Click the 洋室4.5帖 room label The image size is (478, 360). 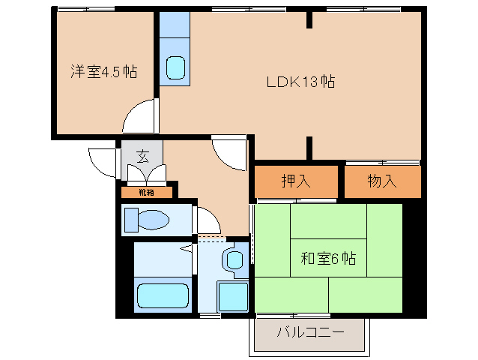click(103, 72)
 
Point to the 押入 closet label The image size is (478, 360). click(296, 181)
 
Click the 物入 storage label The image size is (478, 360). click(382, 181)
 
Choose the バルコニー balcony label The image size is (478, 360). click(310, 332)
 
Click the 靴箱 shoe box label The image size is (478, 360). click(147, 192)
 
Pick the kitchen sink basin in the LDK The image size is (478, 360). click(175, 68)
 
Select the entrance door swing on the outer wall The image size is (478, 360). click(103, 161)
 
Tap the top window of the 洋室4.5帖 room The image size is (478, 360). click(88, 9)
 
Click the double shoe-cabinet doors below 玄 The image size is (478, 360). click(147, 175)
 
